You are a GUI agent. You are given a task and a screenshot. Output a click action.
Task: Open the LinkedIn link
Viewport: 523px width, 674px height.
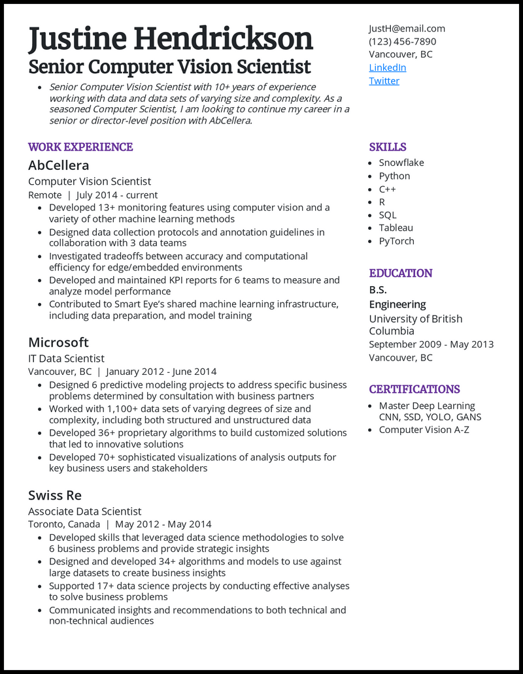387,67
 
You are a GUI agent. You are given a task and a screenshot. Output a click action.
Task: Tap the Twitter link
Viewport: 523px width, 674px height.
384,80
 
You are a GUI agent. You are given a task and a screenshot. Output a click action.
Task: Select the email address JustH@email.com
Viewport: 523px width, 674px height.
407,28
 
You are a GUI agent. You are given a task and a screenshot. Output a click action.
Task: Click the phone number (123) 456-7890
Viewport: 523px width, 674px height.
402,41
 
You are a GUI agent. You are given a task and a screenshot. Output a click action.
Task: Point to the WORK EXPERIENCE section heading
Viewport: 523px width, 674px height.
80,147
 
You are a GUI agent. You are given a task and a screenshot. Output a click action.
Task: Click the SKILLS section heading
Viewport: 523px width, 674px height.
387,147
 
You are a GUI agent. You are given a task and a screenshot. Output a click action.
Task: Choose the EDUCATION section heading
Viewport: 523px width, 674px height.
400,273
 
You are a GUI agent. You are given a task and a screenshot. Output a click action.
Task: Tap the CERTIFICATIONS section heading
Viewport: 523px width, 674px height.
414,389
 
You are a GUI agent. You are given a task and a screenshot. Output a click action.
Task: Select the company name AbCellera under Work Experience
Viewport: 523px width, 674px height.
58,165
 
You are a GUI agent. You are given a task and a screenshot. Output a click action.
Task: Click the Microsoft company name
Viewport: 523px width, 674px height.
58,342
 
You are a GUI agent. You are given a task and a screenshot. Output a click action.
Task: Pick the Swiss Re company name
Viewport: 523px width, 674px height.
54,495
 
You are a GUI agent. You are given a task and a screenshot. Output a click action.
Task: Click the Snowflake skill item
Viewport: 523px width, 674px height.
401,163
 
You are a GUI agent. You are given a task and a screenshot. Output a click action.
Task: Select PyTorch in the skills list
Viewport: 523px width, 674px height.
396,241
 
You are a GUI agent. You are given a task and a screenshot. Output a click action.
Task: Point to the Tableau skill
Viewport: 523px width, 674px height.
396,228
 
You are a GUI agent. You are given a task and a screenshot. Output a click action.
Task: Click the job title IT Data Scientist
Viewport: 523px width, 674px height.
66,359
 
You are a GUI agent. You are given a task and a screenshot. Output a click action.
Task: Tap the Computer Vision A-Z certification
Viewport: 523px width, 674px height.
424,430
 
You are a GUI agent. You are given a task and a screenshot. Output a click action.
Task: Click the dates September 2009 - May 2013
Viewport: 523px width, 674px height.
431,344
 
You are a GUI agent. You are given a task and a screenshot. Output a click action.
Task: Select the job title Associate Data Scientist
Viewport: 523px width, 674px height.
84,511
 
